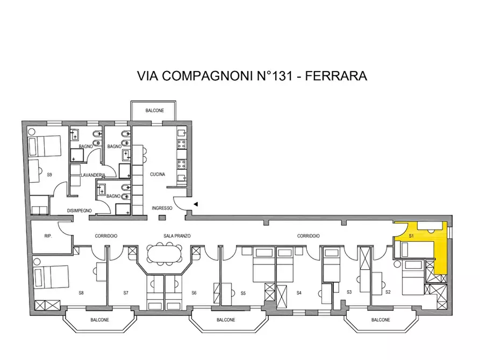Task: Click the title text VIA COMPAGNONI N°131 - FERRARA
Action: point(253,76)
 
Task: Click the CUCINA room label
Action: point(157,175)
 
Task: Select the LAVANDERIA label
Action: point(92,176)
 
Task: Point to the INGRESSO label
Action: point(162,208)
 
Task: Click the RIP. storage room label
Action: point(47,236)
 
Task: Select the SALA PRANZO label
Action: point(177,236)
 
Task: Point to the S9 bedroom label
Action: point(49,175)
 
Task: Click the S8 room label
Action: point(81,293)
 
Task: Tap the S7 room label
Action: point(126,293)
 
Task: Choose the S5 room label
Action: point(243,293)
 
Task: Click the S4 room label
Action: point(299,293)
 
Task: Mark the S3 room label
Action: point(348,292)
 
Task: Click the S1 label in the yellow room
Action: point(411,236)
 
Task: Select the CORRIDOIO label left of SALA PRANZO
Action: point(106,236)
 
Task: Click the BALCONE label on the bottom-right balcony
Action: point(380,320)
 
